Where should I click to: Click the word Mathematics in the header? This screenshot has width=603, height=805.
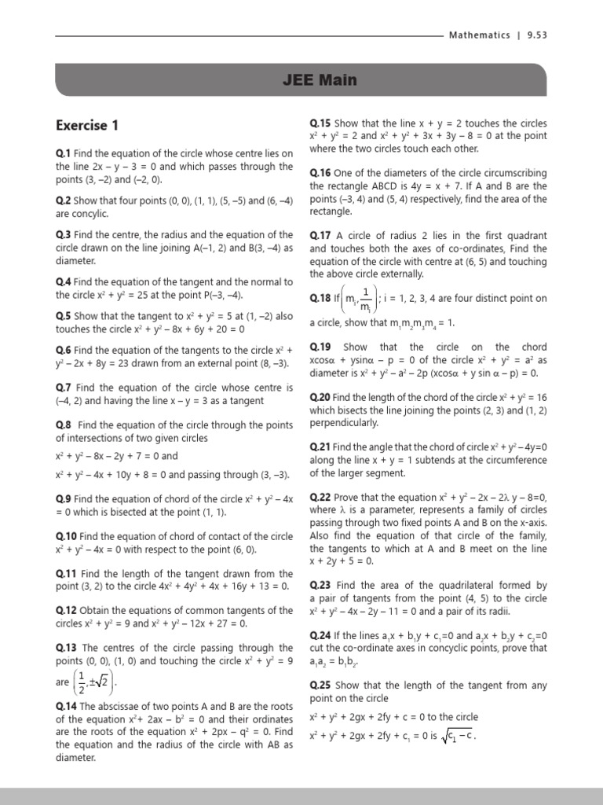[479, 35]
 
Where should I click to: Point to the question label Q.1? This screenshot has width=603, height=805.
[64, 154]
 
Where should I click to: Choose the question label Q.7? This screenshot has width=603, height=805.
[64, 388]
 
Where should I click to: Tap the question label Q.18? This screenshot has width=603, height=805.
[320, 299]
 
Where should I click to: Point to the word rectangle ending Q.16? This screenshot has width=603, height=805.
[331, 212]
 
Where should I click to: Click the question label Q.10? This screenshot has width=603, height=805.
[66, 536]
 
